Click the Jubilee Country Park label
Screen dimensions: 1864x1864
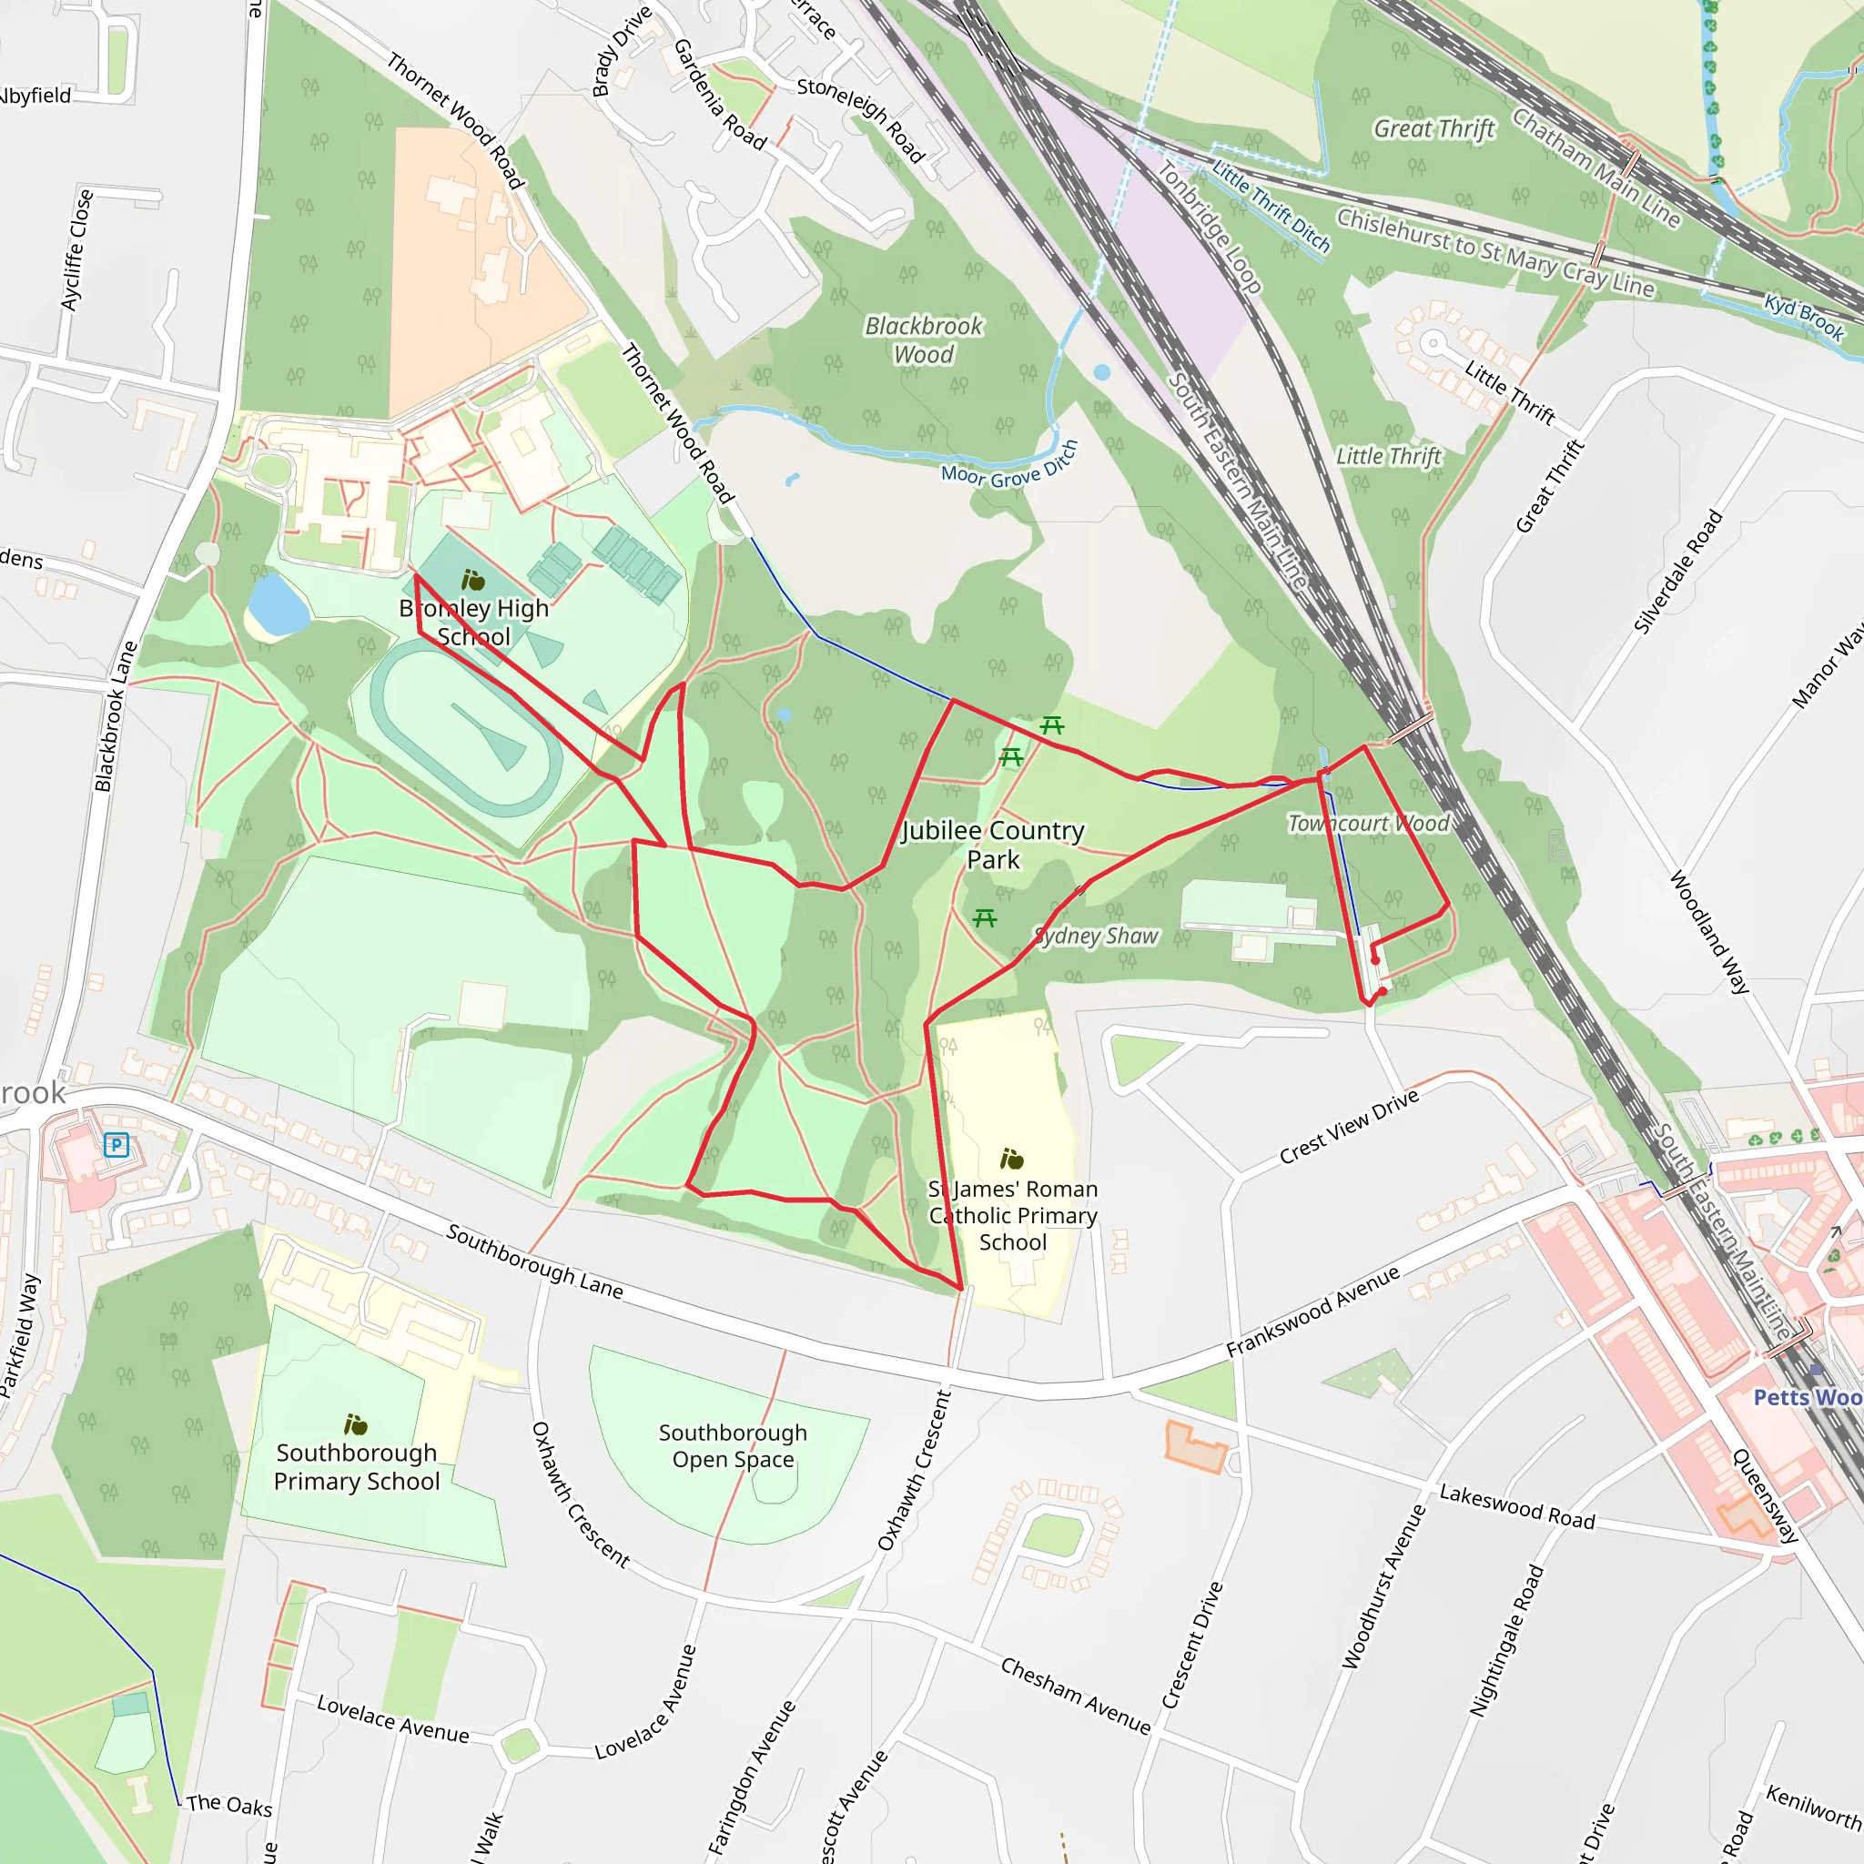[993, 845]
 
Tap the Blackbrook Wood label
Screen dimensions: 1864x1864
[923, 339]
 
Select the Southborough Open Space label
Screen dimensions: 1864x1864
[734, 1445]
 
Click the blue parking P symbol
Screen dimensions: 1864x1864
[116, 1145]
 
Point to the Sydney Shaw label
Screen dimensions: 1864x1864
[1096, 935]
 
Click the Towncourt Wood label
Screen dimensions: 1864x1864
[1368, 823]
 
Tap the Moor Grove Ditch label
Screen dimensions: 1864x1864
[1009, 466]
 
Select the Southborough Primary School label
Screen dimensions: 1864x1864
[357, 1466]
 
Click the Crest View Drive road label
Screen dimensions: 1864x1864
[1349, 1126]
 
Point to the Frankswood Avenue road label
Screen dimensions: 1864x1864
[1312, 1312]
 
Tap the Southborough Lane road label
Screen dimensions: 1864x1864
[534, 1259]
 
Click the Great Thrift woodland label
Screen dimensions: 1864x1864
[1434, 128]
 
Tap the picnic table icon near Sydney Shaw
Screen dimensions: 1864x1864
[984, 917]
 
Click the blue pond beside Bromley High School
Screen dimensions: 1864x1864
[278, 605]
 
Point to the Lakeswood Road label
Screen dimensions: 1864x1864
[1516, 1506]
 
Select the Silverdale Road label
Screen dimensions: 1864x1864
[1677, 572]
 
